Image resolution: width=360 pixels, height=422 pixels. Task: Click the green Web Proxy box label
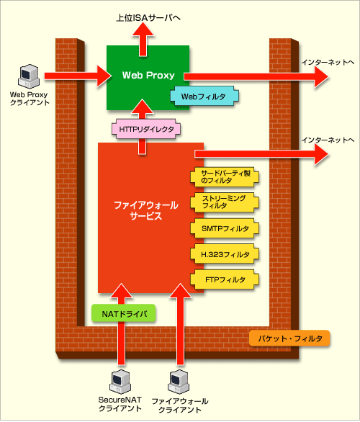click(148, 75)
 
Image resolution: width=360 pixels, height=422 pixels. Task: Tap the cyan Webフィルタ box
click(204, 96)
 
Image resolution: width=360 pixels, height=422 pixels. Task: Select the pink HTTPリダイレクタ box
click(146, 129)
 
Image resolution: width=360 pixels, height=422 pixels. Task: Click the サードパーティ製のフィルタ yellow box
click(225, 176)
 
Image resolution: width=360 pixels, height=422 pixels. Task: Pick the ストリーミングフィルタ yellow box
click(225, 202)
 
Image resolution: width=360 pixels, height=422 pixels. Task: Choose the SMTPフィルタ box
click(225, 228)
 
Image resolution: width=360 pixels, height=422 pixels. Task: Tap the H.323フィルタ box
click(225, 254)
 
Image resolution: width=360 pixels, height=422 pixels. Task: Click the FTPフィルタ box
click(225, 279)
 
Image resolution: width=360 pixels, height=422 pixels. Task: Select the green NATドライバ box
click(124, 313)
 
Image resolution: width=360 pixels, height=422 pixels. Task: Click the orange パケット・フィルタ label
click(289, 338)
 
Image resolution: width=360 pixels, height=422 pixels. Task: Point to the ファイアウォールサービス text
click(146, 210)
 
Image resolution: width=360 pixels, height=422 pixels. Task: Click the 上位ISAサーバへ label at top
click(148, 18)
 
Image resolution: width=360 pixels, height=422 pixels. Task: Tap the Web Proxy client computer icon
click(29, 76)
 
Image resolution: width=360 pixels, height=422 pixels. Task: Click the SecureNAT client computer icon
click(120, 382)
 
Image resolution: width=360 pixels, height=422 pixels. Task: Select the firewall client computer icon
click(179, 382)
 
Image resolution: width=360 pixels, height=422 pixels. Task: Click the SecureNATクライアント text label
click(120, 404)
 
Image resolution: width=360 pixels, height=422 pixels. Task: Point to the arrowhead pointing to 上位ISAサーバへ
click(143, 29)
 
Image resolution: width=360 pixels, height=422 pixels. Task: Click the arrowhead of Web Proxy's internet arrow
click(322, 76)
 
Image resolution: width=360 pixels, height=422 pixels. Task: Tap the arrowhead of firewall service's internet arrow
click(322, 154)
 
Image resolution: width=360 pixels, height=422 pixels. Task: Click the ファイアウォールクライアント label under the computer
click(180, 405)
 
